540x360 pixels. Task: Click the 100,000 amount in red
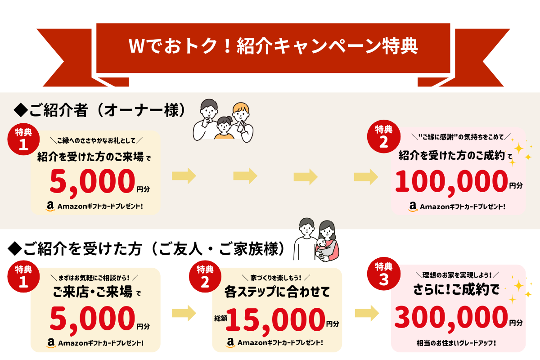pyautogui.click(x=450, y=182)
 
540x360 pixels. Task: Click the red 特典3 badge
pyautogui.click(x=384, y=275)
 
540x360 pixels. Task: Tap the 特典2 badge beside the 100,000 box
pyautogui.click(x=384, y=137)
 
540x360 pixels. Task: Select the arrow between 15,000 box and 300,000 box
pyautogui.click(x=366, y=312)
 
